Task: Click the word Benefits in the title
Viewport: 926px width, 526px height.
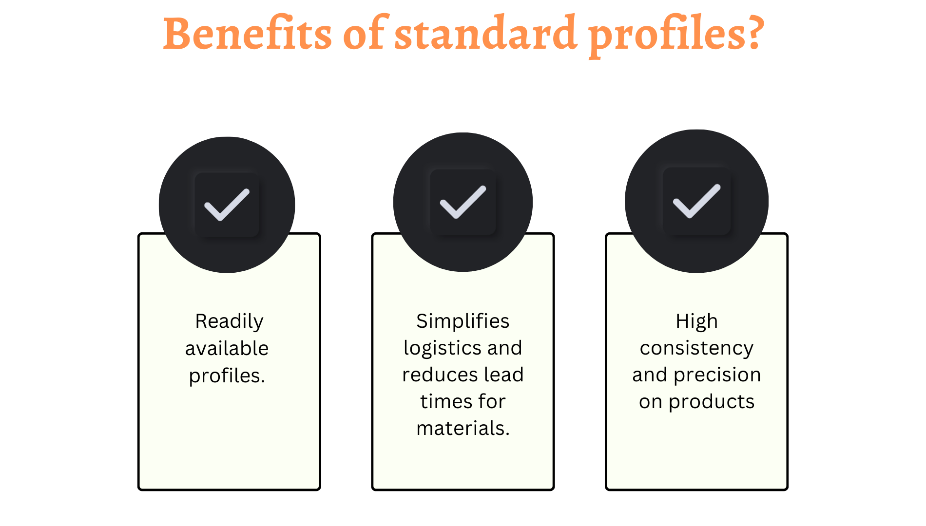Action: [x=248, y=33]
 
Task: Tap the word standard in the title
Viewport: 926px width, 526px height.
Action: [x=486, y=33]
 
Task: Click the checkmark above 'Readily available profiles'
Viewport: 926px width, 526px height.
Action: [x=227, y=205]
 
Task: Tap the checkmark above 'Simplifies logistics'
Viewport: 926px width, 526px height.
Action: [x=463, y=202]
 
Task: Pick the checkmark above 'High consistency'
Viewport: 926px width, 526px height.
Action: [x=696, y=201]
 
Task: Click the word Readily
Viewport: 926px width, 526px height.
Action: [x=229, y=322]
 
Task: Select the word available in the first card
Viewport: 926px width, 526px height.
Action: [x=227, y=348]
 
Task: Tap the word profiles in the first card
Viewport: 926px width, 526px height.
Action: [x=227, y=376]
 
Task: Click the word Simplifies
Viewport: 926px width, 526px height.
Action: [x=463, y=321]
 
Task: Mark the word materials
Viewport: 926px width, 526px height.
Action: [x=463, y=429]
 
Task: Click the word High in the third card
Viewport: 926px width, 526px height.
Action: [x=697, y=322]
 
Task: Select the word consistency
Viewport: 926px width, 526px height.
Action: [x=697, y=349]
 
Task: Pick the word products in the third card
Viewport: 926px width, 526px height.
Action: [x=712, y=402]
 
